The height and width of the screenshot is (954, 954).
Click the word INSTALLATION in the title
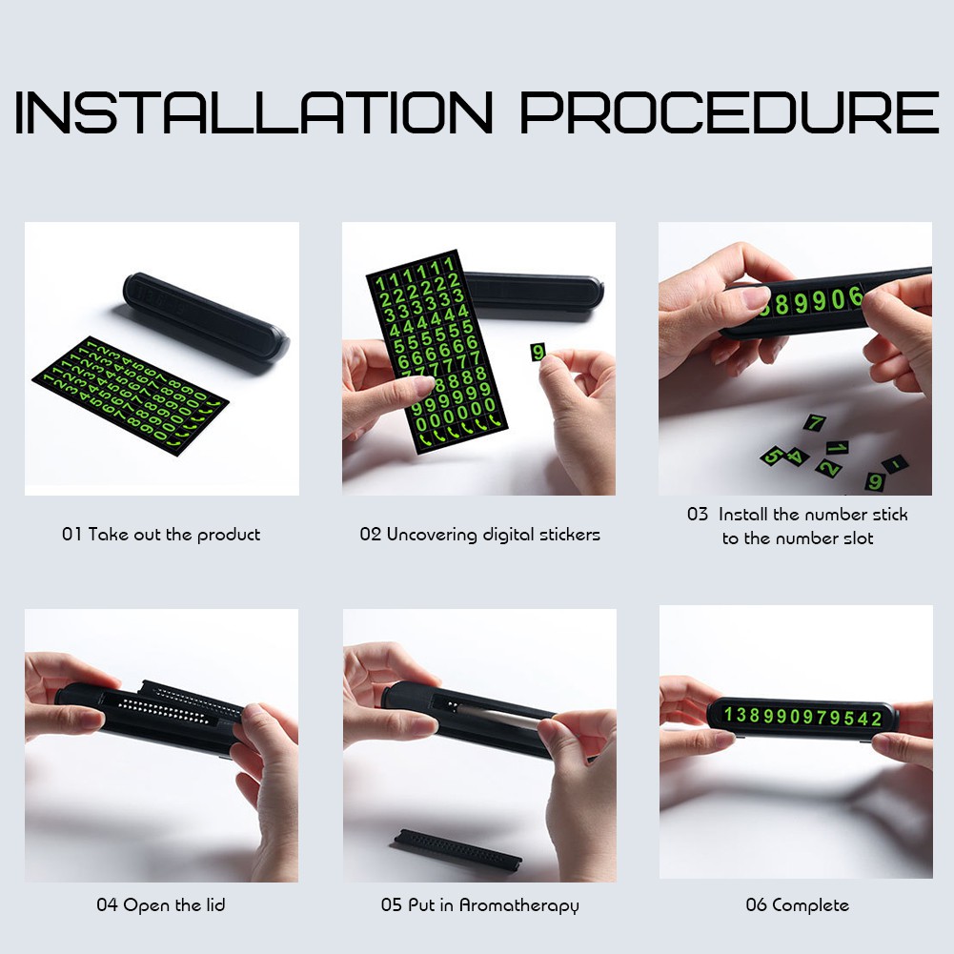tap(254, 112)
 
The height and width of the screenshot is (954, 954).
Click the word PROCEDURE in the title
tap(729, 112)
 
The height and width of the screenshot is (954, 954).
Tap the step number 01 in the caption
tap(71, 535)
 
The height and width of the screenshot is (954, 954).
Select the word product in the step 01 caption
tap(229, 536)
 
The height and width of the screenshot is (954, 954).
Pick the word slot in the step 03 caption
tap(859, 538)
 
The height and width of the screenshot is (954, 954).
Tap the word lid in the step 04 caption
tap(214, 904)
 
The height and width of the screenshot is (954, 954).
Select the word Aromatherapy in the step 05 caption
tap(519, 906)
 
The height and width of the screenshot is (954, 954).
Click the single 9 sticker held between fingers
tap(538, 352)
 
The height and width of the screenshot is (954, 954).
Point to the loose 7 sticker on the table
tap(815, 422)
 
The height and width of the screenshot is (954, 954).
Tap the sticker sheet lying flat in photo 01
tap(130, 396)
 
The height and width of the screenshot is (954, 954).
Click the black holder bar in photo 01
tap(206, 317)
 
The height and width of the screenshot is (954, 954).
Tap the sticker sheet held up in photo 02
tap(436, 352)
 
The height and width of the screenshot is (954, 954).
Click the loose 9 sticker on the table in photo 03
tap(874, 481)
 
